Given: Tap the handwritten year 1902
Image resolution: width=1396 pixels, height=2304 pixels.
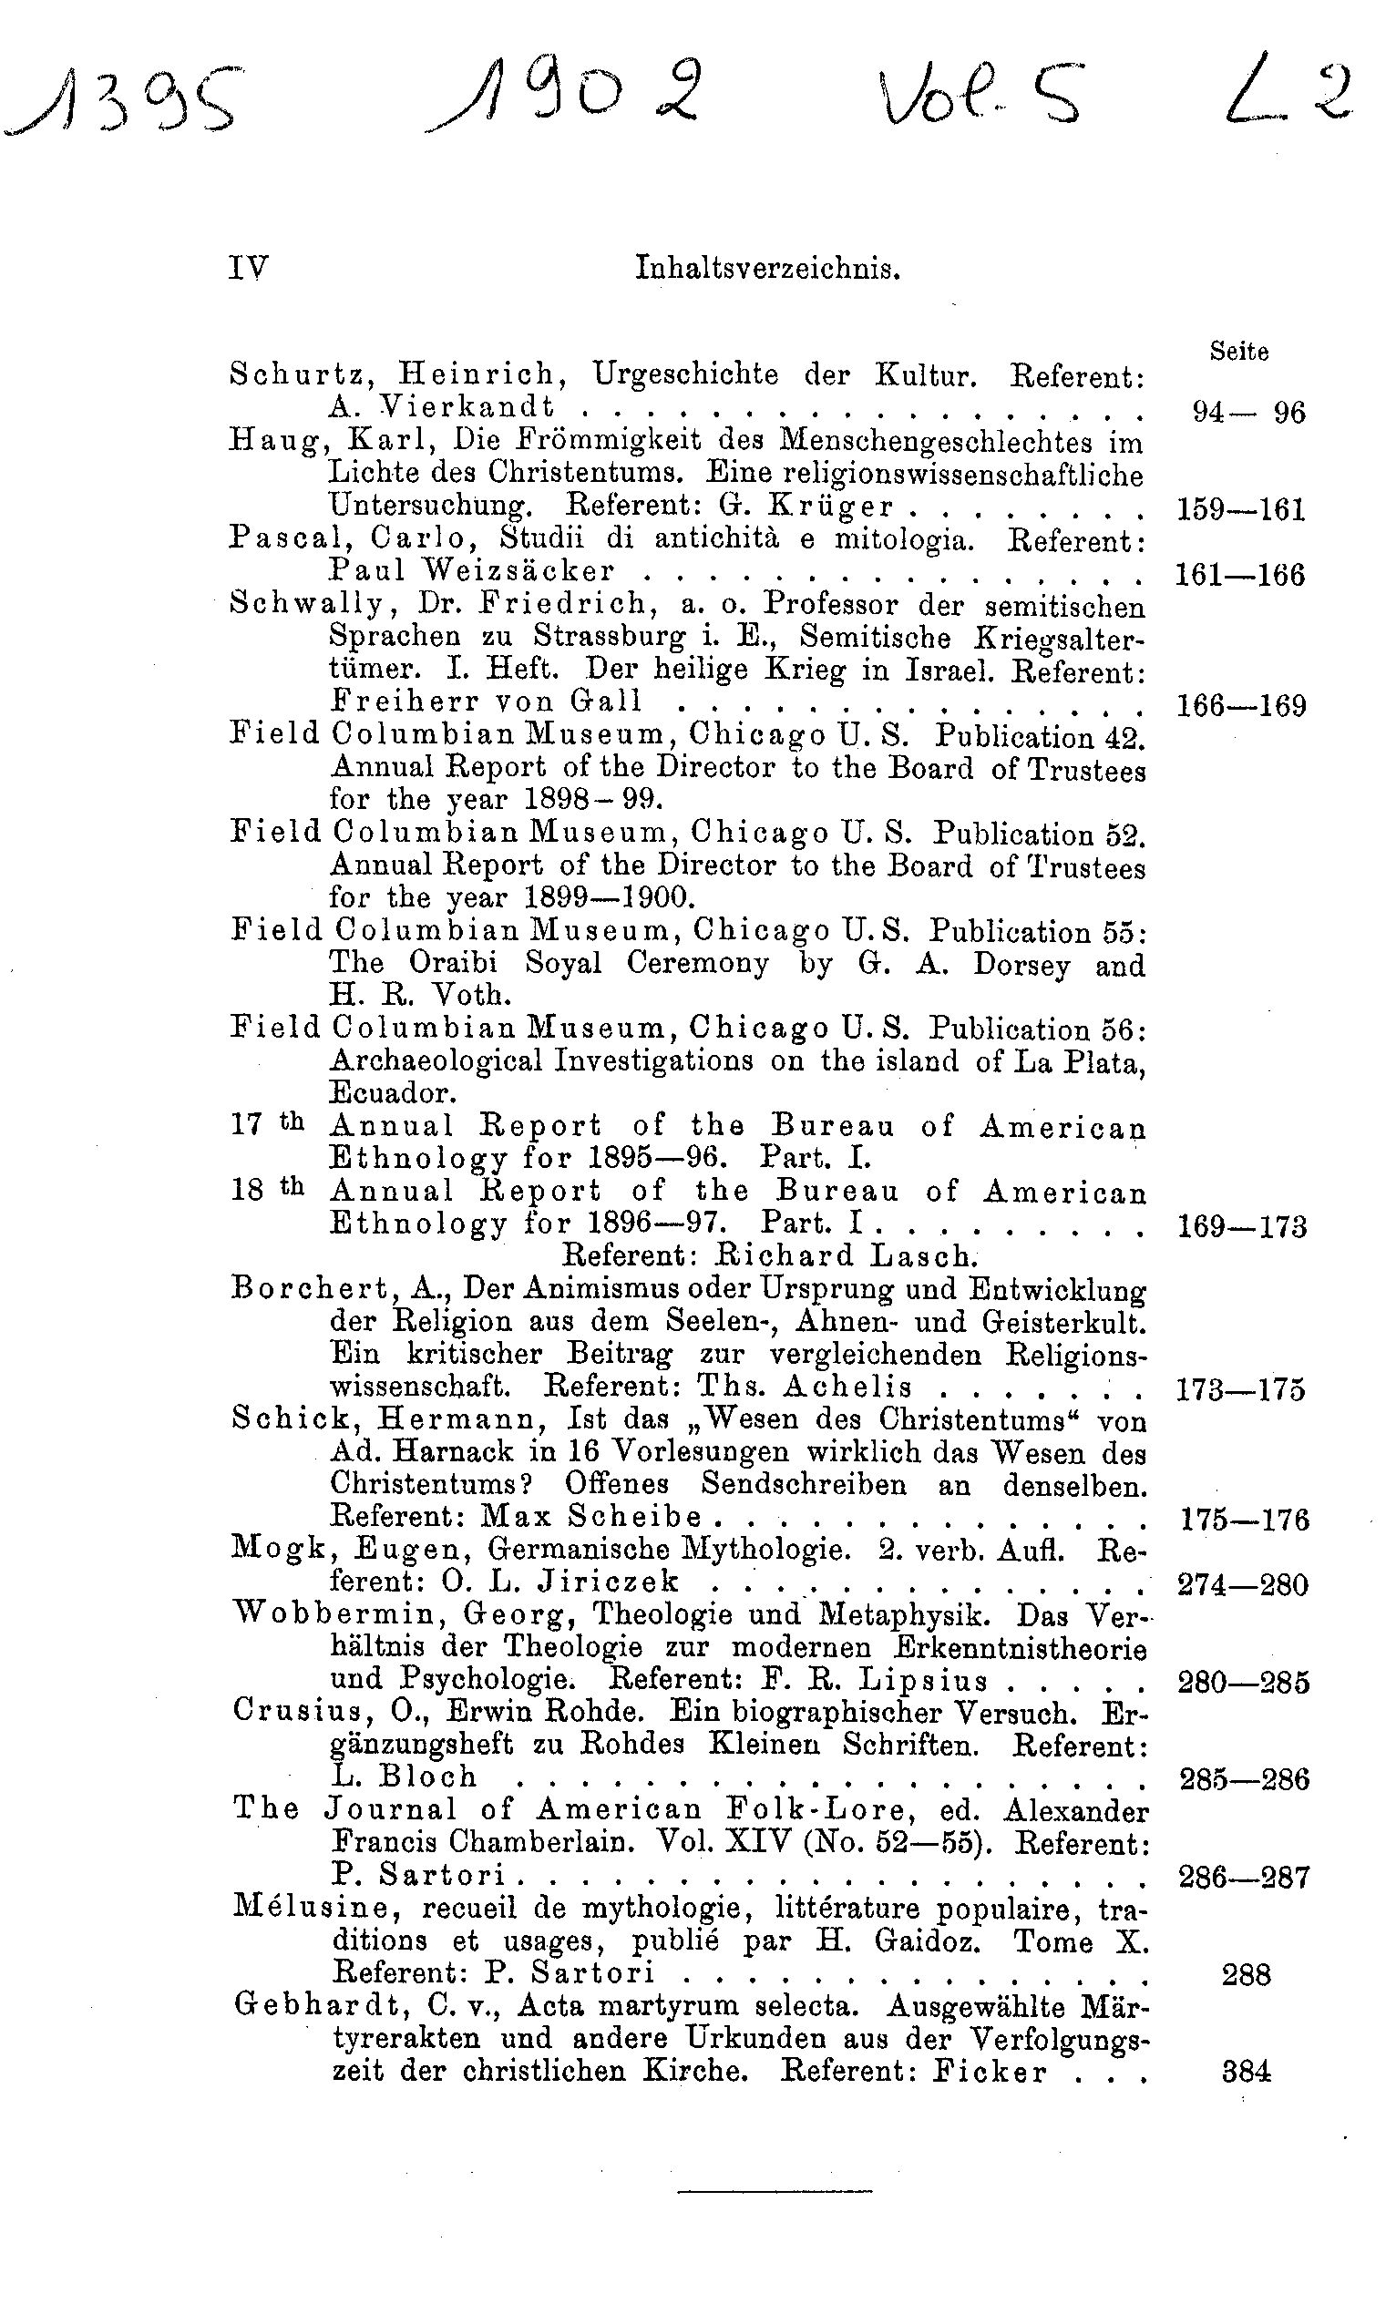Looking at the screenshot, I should (x=567, y=99).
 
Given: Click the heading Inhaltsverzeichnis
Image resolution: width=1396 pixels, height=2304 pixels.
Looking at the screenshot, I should (x=766, y=270).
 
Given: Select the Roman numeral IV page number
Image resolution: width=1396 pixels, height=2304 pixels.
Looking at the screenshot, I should (x=248, y=270).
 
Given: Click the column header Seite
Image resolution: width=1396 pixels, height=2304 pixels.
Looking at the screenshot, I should (x=1239, y=351).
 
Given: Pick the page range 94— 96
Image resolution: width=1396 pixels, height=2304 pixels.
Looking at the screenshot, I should (x=1248, y=413).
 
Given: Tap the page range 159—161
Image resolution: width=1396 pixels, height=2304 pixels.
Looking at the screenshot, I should (x=1240, y=509).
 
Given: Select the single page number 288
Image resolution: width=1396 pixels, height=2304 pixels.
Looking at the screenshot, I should (x=1247, y=1974).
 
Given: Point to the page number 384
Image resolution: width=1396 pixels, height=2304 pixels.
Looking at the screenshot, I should (x=1247, y=2072).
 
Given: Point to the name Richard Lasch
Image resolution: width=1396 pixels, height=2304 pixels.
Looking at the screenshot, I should (x=847, y=1255).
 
